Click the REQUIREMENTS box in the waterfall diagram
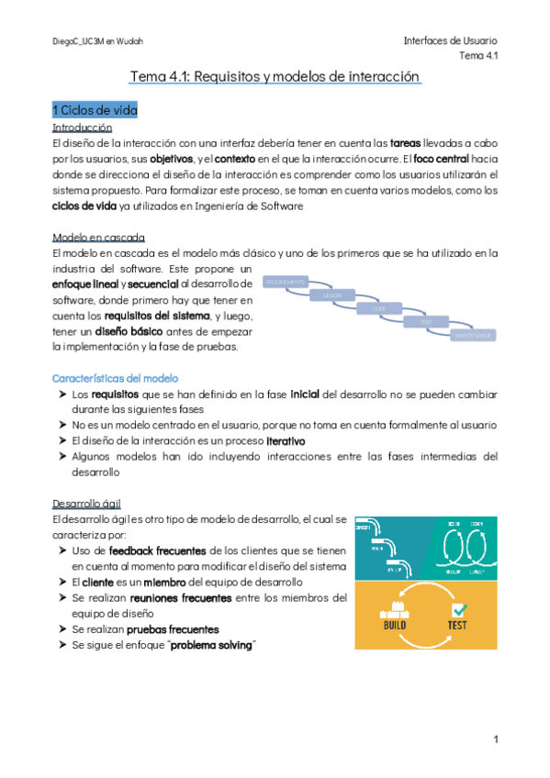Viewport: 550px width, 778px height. (x=286, y=282)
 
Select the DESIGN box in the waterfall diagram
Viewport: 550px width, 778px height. (x=331, y=295)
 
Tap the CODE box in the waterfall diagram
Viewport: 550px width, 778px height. (x=378, y=309)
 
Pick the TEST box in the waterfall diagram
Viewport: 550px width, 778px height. (x=425, y=323)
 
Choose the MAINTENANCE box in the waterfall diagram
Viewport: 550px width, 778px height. (x=473, y=337)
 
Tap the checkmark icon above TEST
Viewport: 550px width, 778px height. (x=459, y=608)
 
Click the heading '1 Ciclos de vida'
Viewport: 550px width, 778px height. (x=95, y=110)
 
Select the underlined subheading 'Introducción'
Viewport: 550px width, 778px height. (x=83, y=128)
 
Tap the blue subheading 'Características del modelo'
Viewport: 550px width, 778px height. (x=116, y=378)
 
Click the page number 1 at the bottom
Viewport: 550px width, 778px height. (x=494, y=739)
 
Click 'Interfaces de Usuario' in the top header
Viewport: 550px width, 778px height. (x=450, y=40)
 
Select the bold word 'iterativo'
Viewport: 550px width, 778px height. (x=279, y=440)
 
